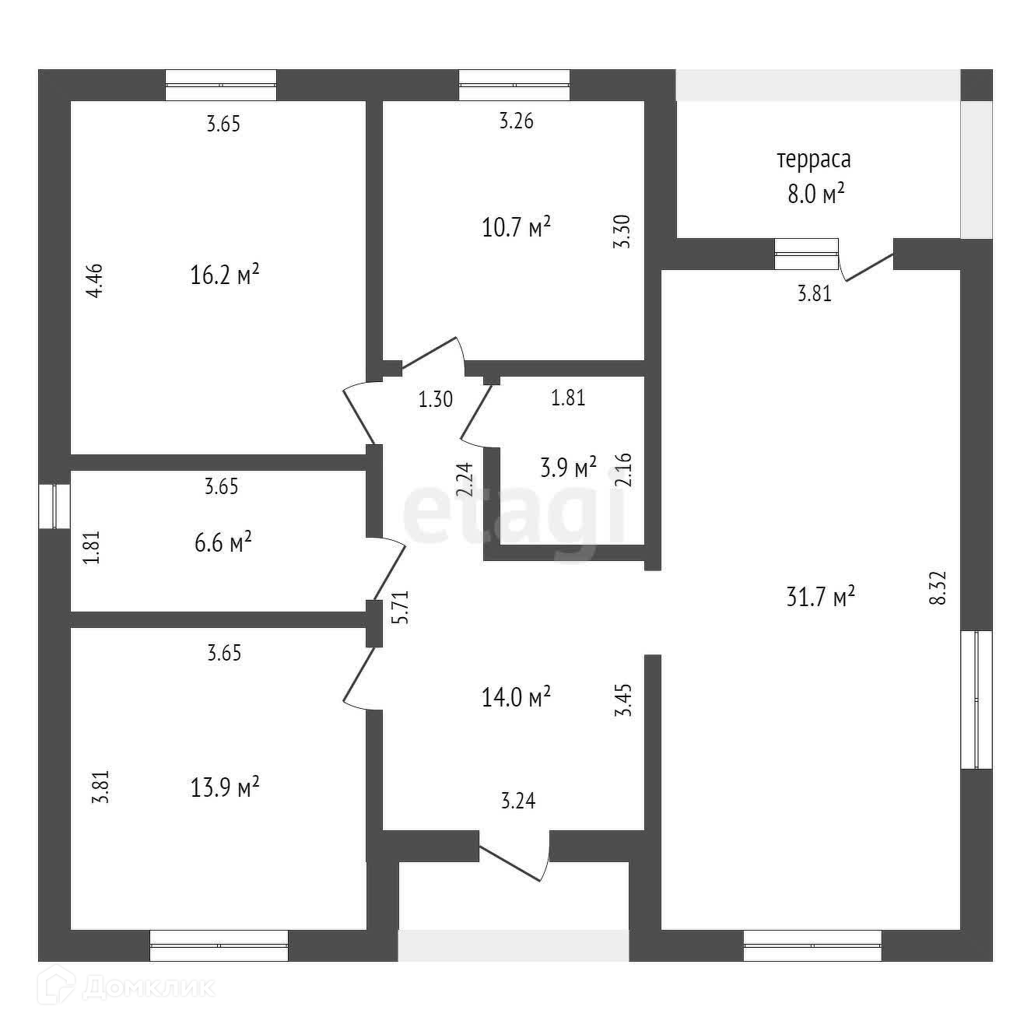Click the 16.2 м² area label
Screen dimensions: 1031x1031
point(224,275)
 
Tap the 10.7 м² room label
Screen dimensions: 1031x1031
point(517,229)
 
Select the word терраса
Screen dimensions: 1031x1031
point(813,160)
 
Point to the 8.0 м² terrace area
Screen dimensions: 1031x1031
point(815,194)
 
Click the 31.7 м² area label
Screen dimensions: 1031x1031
point(821,598)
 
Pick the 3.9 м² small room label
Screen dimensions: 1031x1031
point(568,468)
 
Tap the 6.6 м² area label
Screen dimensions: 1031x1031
point(223,542)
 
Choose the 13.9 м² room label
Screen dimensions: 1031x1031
point(224,788)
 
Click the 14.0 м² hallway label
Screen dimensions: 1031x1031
point(516,696)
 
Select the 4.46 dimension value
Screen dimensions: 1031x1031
point(93,282)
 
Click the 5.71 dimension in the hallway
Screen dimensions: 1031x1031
point(400,608)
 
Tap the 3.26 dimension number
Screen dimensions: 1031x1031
point(517,121)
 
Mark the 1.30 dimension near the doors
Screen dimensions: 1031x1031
point(435,400)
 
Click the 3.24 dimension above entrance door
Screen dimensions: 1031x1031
point(518,801)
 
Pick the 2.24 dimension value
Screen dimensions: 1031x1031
point(465,480)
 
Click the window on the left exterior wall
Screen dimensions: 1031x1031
point(54,507)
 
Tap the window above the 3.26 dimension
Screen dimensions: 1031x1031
point(514,85)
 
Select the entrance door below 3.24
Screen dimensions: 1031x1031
point(515,856)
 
